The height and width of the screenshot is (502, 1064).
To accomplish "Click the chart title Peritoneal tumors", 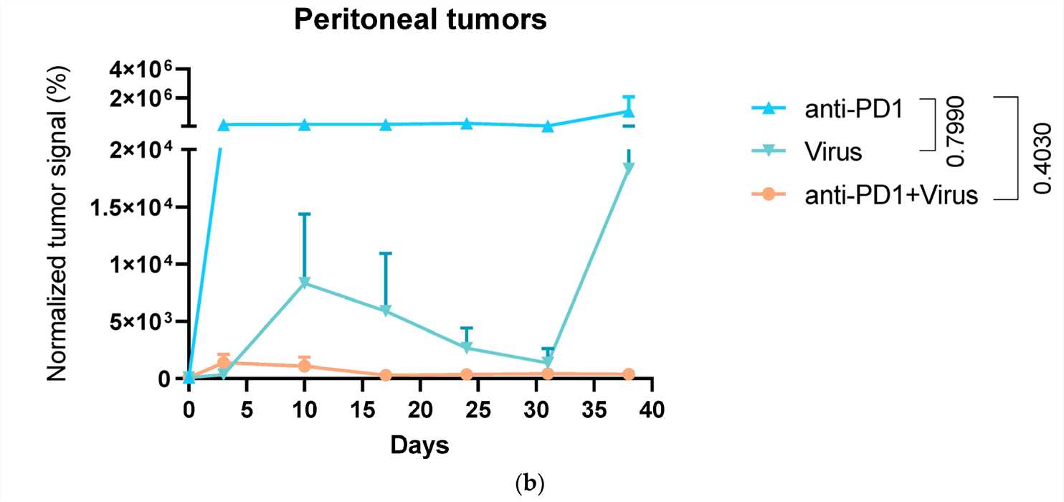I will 420,21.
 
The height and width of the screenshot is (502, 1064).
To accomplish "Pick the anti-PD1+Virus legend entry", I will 891,194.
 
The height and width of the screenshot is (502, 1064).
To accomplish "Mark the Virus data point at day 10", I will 305,283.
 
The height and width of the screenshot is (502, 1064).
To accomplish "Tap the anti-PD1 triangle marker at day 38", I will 629,110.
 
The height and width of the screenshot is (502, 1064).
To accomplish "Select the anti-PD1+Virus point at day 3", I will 224,362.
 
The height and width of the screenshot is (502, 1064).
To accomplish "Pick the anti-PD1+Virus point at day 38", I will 629,374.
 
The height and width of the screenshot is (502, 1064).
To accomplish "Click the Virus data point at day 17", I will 386,311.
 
